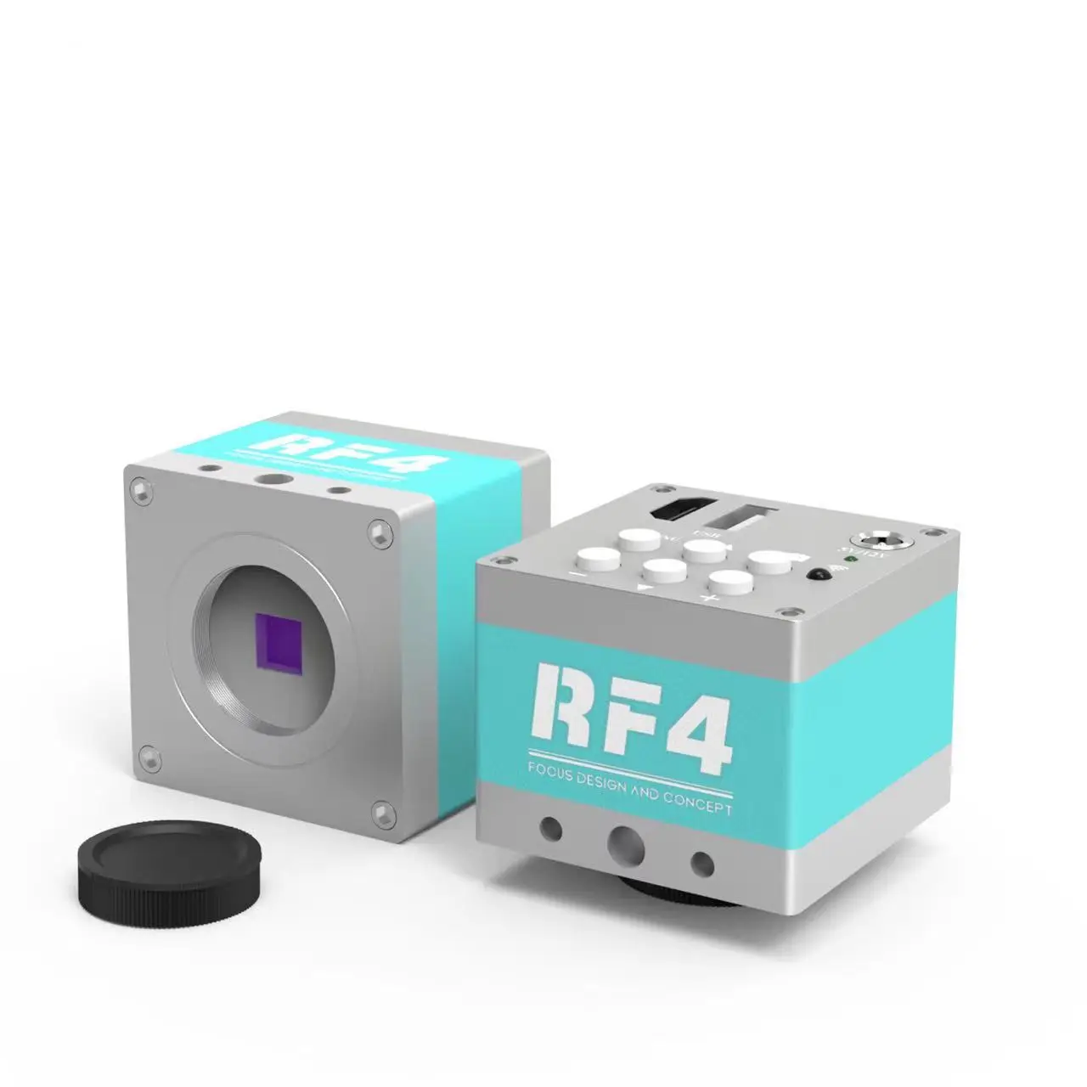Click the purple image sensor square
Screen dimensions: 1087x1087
click(278, 650)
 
